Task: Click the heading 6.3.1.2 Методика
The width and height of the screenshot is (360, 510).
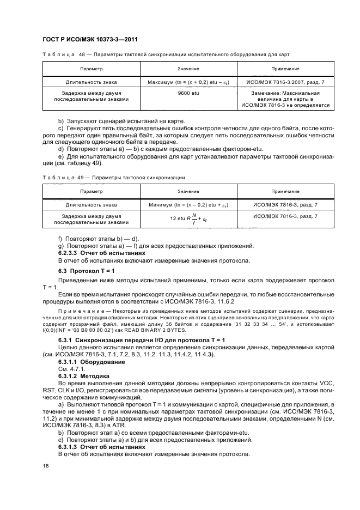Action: click(x=83, y=376)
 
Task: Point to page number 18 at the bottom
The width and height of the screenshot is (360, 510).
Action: click(x=46, y=466)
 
